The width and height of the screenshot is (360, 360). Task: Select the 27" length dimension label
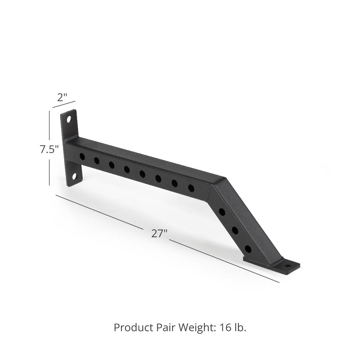point(159,233)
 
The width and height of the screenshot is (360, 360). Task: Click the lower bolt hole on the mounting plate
point(75,176)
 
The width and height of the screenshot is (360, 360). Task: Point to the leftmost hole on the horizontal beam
point(82,157)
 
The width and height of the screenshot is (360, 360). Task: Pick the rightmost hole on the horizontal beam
point(191,187)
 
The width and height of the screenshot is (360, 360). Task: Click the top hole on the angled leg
point(222,212)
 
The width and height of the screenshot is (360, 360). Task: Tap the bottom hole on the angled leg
point(248,248)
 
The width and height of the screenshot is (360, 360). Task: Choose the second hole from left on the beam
point(96,161)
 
